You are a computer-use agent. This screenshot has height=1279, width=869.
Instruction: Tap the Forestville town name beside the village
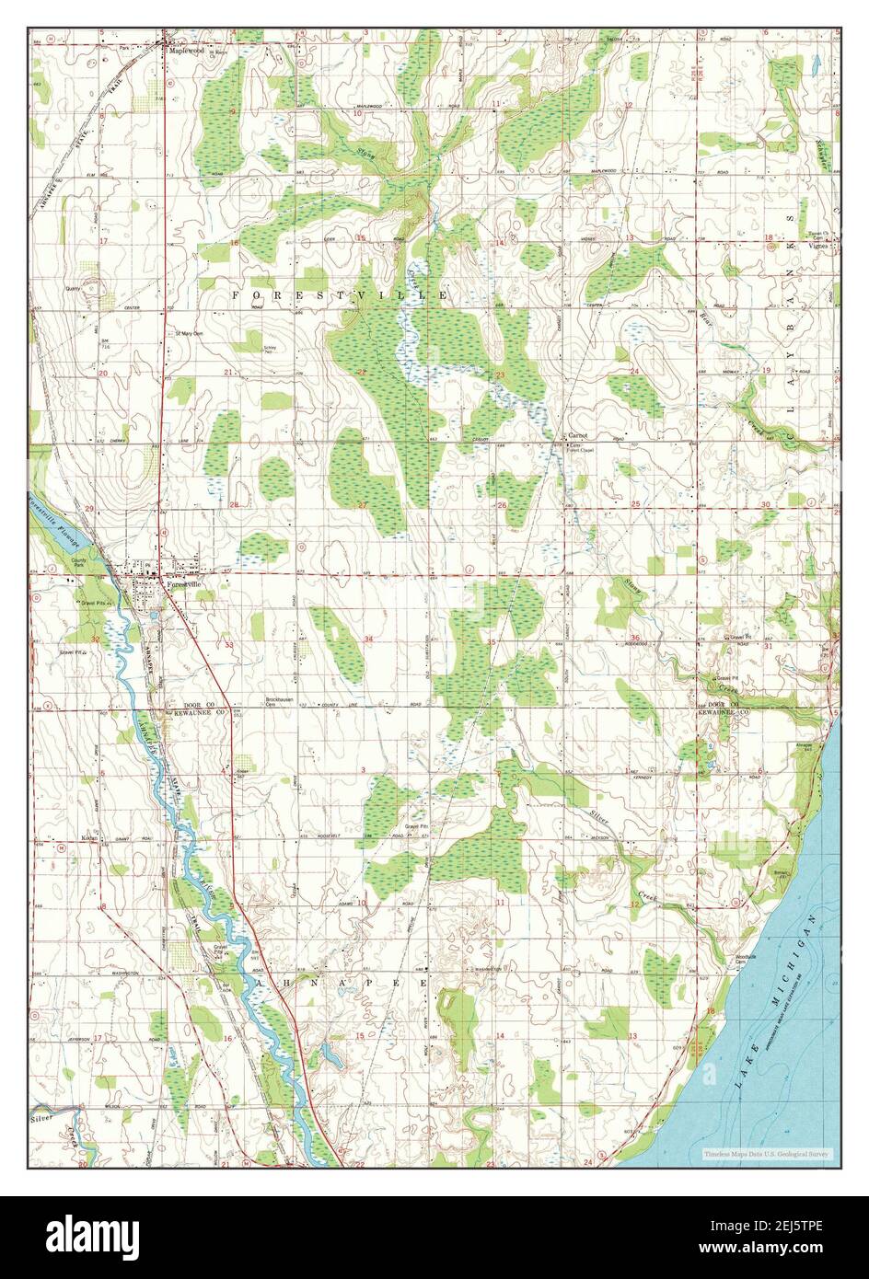(x=183, y=584)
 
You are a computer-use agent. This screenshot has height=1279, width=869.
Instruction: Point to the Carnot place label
(x=577, y=435)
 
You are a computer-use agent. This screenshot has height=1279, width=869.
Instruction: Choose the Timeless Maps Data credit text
(x=767, y=1153)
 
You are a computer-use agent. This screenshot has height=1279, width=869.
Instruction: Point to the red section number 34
(x=368, y=639)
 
